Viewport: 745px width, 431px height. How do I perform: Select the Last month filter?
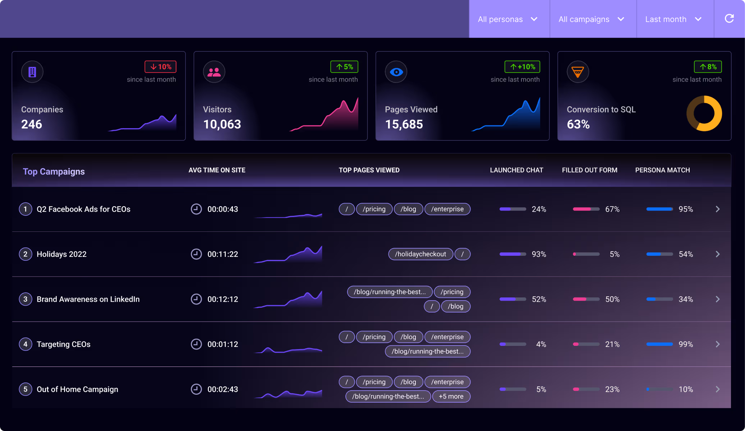(673, 19)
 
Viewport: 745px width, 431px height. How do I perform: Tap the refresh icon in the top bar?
(729, 19)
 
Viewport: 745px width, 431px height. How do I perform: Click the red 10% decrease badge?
(161, 67)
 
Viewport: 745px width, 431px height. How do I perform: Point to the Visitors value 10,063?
(222, 124)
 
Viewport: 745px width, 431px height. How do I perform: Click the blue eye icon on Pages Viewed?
(396, 72)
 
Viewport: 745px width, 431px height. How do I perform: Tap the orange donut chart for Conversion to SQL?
(704, 113)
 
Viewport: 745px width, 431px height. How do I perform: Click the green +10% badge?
(522, 67)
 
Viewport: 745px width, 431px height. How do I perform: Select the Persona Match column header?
(662, 170)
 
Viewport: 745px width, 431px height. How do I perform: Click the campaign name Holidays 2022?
(61, 254)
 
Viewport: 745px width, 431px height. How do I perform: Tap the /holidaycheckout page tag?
(420, 254)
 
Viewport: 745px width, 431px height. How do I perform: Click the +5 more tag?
(451, 397)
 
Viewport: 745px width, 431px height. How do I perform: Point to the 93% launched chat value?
(539, 254)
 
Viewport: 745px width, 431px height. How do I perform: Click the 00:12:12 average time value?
(222, 299)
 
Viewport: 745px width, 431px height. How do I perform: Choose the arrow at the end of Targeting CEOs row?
(718, 344)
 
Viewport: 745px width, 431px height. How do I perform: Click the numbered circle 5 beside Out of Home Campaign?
(25, 389)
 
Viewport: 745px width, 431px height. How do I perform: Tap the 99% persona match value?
(685, 344)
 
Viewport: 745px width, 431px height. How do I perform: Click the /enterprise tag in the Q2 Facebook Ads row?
(447, 209)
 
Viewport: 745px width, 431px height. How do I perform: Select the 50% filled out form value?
(612, 299)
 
